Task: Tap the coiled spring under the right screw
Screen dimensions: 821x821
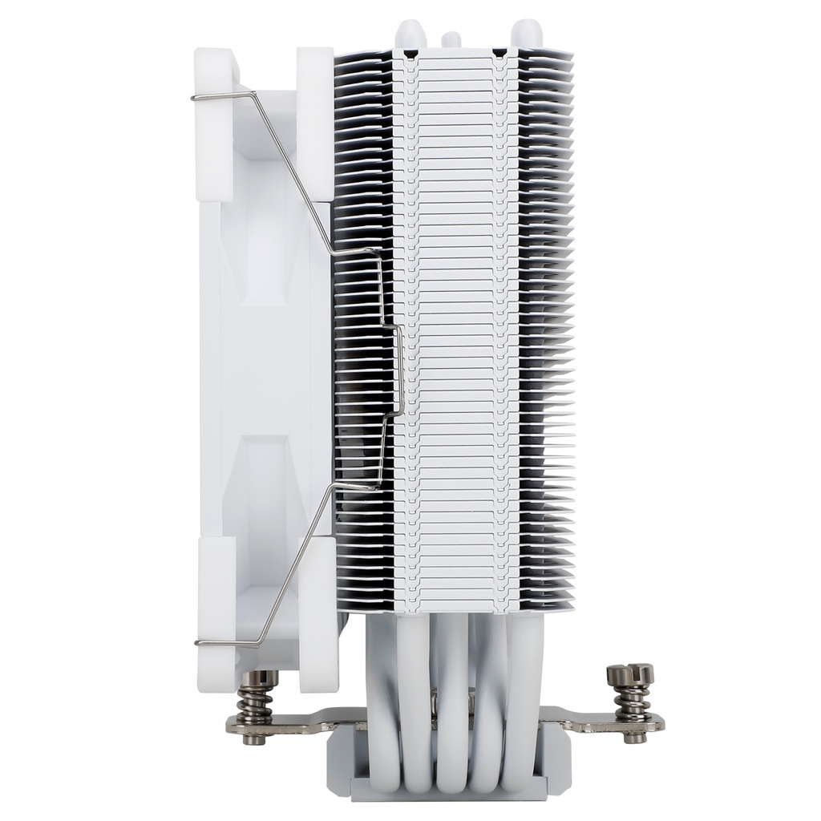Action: click(632, 702)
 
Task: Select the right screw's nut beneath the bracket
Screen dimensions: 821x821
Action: click(635, 735)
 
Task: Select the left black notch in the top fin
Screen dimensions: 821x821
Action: click(410, 55)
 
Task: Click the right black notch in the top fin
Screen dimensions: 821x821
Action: click(499, 55)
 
